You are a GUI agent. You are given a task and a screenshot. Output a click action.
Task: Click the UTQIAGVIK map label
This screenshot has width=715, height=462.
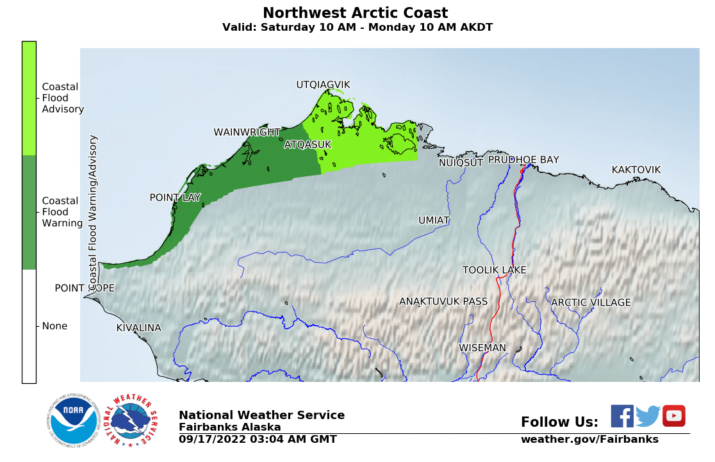click(323, 85)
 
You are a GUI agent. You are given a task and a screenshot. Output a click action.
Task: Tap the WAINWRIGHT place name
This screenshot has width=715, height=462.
click(247, 133)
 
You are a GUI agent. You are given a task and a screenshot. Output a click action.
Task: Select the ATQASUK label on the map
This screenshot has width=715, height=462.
click(308, 145)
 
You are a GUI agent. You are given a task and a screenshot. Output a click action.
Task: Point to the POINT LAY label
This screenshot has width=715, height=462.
click(175, 197)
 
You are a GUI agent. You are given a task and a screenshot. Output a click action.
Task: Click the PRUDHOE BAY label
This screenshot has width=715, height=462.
click(523, 160)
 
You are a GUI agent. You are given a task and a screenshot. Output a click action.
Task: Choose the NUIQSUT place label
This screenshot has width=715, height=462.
click(461, 163)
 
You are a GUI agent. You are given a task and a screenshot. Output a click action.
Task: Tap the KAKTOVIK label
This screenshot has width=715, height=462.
click(636, 170)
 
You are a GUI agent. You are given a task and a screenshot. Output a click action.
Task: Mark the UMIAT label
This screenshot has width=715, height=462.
click(434, 220)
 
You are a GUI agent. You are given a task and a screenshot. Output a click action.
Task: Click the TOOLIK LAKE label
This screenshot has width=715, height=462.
click(494, 270)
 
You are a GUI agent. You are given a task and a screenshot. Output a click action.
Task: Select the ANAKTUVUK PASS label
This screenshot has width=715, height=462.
click(443, 302)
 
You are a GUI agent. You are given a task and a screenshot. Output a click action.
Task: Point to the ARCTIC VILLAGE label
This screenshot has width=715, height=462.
click(591, 302)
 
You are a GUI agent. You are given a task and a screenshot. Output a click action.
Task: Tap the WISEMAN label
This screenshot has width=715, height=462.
click(482, 348)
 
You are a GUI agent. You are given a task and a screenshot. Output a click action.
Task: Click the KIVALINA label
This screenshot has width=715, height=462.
click(138, 328)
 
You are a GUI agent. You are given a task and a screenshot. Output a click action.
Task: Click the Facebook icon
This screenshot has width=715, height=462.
click(621, 417)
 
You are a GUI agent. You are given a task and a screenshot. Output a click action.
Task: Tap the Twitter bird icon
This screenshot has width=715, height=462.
click(648, 417)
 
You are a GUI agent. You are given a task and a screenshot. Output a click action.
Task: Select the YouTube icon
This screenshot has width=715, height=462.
click(673, 417)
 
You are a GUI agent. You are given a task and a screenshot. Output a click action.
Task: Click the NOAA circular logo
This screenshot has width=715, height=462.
click(72, 421)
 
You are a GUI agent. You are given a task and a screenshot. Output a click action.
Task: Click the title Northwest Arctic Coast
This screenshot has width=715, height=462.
click(355, 13)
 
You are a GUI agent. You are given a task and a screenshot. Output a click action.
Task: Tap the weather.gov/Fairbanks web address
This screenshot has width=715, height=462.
click(589, 440)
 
